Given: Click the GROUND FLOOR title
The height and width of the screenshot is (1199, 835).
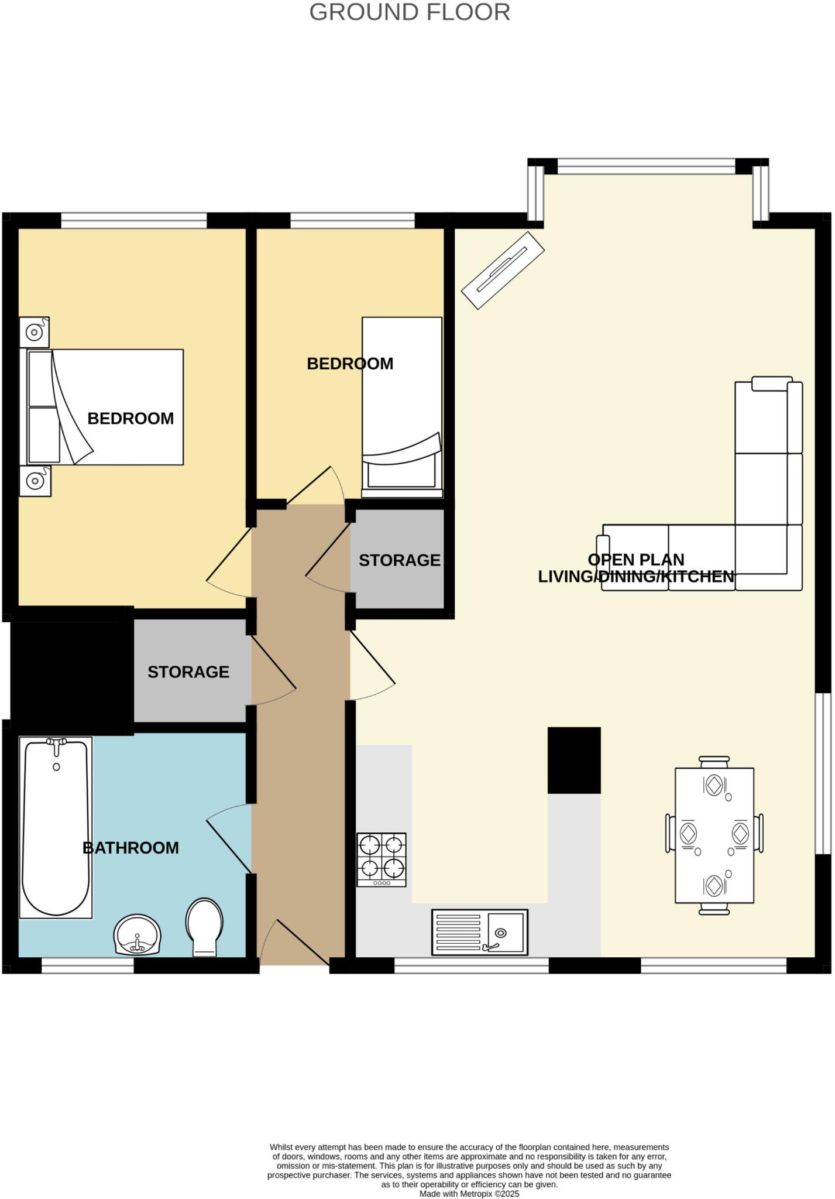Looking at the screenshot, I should (x=410, y=12).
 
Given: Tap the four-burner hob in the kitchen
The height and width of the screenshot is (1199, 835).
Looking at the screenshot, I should (x=382, y=859).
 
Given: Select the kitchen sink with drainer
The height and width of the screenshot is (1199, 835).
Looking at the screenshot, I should (x=479, y=932).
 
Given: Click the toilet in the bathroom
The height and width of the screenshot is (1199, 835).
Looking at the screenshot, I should (x=204, y=927).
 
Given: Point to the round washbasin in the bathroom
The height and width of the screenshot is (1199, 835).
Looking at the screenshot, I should (x=138, y=934).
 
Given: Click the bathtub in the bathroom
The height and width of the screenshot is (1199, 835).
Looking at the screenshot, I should (x=56, y=827).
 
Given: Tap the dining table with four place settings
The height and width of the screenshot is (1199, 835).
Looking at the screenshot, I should (x=714, y=835).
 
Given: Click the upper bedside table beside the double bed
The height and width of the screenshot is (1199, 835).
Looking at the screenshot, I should (x=34, y=333).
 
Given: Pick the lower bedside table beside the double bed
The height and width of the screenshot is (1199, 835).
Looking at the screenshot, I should (x=35, y=481).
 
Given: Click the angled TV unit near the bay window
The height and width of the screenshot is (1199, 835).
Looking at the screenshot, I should (x=503, y=270).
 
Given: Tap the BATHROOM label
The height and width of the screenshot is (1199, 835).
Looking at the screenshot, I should (x=130, y=848).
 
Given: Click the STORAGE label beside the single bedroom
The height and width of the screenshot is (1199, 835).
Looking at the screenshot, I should (x=399, y=560).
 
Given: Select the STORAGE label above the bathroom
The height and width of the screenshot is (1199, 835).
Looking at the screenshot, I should (x=188, y=672).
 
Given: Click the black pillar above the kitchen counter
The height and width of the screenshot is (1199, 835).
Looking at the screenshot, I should (x=574, y=760).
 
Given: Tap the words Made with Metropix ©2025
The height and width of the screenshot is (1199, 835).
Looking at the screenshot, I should (x=469, y=1194).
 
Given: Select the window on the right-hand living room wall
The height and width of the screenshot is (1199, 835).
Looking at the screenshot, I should (x=823, y=773).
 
